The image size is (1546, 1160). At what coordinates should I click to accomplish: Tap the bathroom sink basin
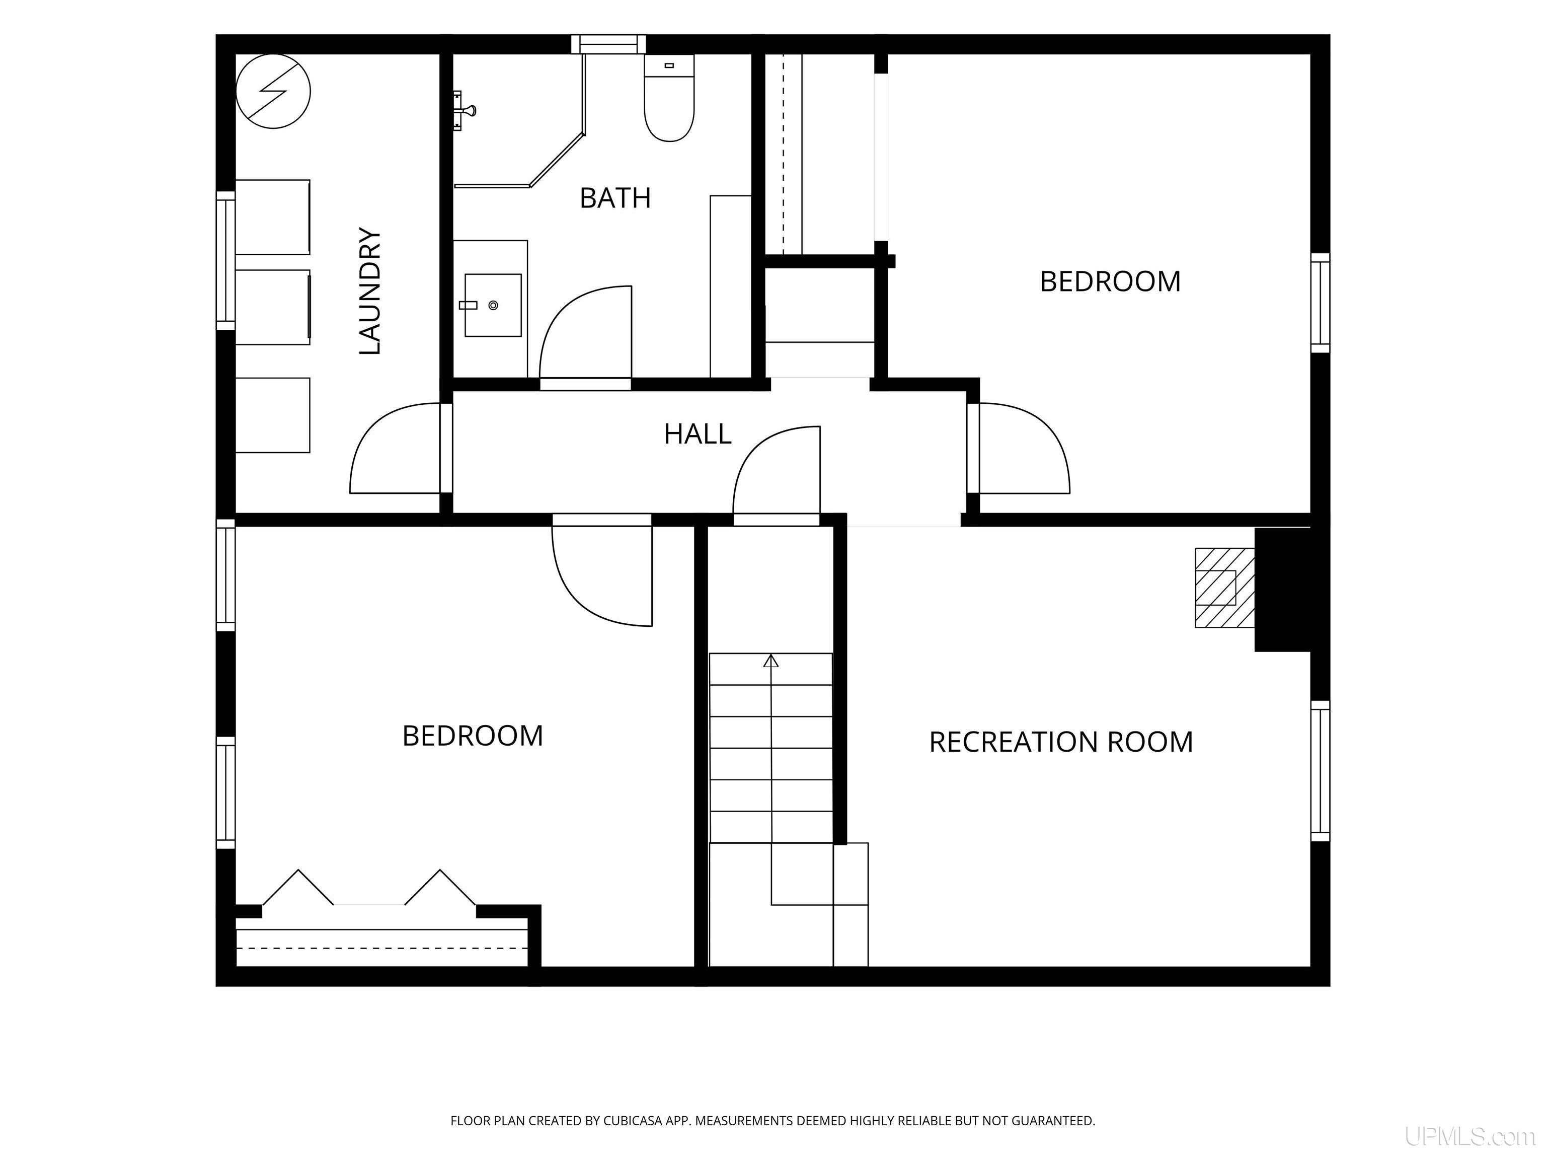[x=493, y=305]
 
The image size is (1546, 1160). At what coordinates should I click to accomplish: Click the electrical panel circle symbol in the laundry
[x=273, y=92]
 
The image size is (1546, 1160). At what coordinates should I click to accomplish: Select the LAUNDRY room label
[x=370, y=291]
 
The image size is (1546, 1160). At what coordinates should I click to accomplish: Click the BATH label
[x=615, y=198]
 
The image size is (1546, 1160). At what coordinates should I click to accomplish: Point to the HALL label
[x=698, y=434]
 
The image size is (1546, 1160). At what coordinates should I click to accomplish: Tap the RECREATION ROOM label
[x=1061, y=742]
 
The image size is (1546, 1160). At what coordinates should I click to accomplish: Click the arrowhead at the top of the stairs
[x=771, y=661]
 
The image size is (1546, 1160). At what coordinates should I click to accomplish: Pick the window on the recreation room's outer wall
[x=1320, y=770]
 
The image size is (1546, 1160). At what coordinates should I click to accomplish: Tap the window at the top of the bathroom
[x=608, y=44]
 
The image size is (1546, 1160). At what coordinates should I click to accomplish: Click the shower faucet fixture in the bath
[x=465, y=110]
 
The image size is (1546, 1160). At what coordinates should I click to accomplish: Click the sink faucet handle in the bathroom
[x=468, y=306]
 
